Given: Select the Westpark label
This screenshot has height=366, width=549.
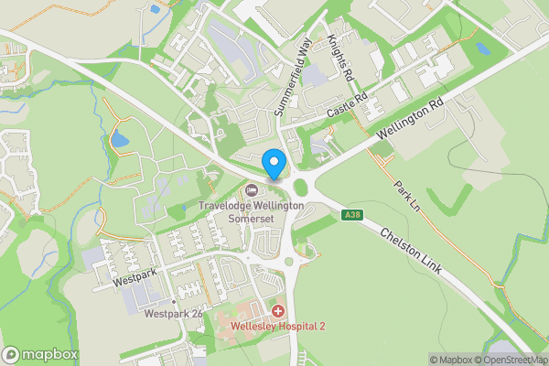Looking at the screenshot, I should pyautogui.click(x=133, y=282).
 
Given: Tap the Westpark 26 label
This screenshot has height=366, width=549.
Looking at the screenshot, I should pyautogui.click(x=173, y=314).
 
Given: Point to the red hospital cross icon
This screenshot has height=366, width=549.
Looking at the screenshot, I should pyautogui.click(x=277, y=311).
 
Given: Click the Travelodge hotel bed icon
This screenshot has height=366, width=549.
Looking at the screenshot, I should pyautogui.click(x=252, y=190).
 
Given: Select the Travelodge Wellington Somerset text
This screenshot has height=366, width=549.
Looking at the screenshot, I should pyautogui.click(x=251, y=212).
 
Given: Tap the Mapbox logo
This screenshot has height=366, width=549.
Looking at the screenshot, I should pyautogui.click(x=40, y=354).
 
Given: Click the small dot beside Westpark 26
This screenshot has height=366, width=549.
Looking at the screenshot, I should pyautogui.click(x=173, y=301).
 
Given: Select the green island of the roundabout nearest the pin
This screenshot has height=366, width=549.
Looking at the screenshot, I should pyautogui.click(x=299, y=188).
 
